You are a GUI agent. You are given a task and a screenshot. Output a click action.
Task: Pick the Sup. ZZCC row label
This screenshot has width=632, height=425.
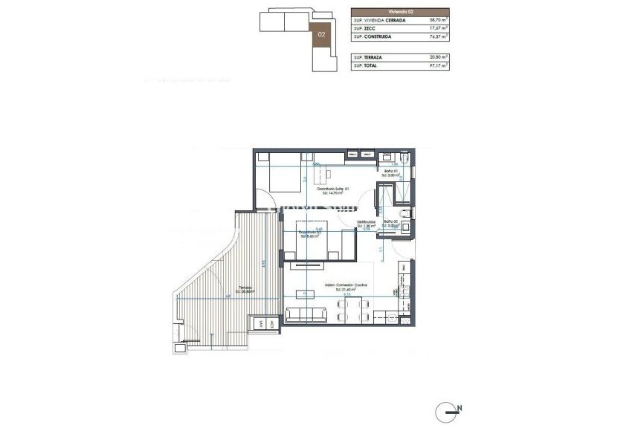click(364, 29)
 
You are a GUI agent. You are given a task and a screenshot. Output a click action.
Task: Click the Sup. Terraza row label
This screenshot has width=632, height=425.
click(369, 57)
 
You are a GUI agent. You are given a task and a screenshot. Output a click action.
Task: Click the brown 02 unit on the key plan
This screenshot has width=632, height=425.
click(322, 34)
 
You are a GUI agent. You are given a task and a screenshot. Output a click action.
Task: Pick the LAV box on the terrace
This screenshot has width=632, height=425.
click(262, 322)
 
